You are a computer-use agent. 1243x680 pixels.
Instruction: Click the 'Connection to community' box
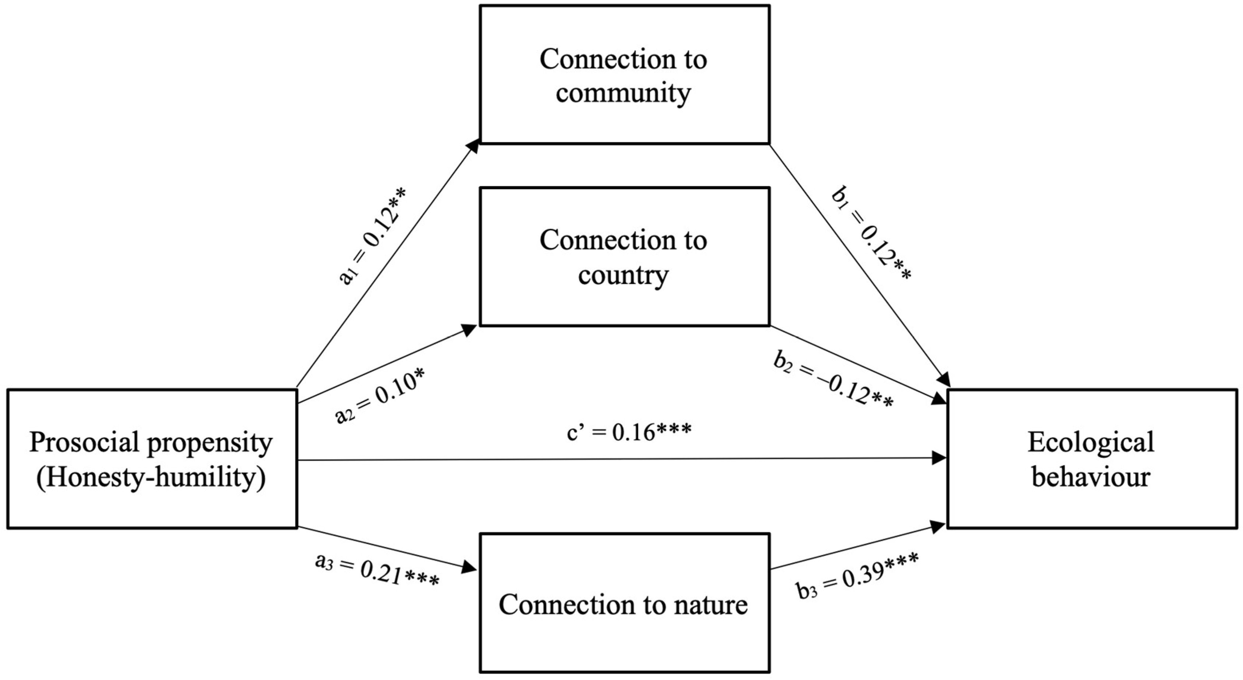[x=624, y=75]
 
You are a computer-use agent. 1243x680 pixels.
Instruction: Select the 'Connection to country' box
[x=624, y=257]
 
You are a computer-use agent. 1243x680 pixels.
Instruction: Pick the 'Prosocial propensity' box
[x=152, y=458]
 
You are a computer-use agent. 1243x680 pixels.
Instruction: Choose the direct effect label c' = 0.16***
[x=629, y=432]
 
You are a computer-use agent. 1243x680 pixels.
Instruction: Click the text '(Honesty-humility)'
[x=152, y=478]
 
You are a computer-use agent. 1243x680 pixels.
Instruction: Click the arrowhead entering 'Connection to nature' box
[x=469, y=567]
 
